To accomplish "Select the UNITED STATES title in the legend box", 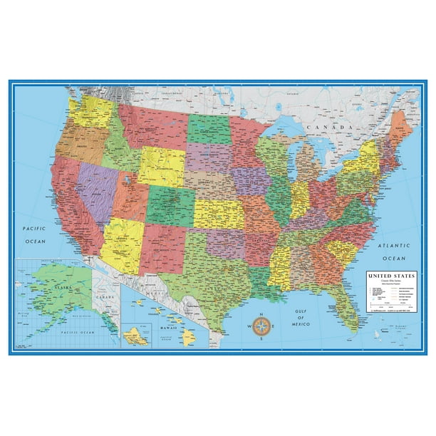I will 392,273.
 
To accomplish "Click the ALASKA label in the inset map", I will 54,281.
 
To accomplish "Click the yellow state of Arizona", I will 123,242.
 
